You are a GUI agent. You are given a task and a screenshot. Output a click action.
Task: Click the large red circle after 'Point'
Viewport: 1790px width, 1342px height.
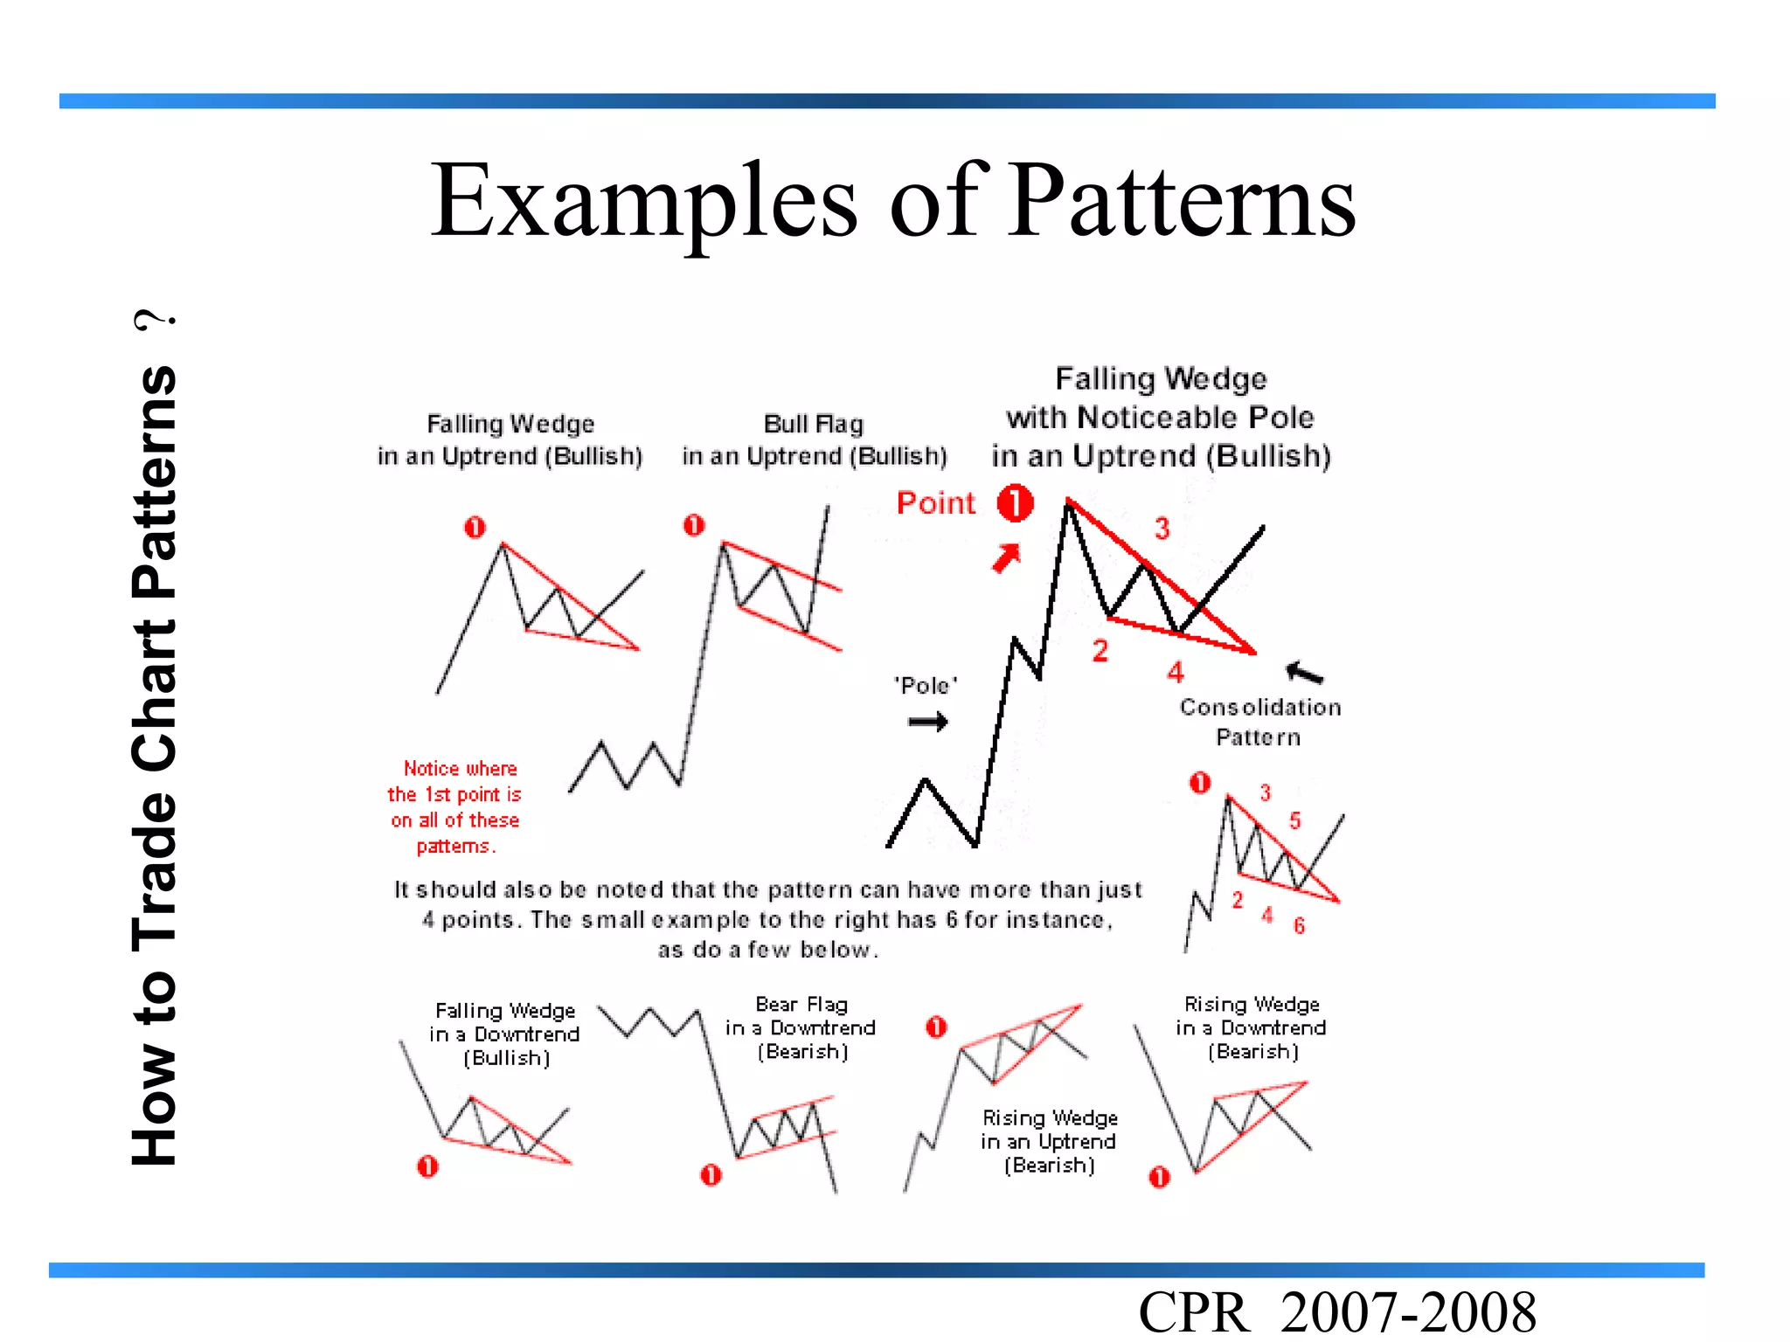1016,503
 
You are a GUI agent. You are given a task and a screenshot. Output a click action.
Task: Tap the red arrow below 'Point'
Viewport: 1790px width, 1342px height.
1006,558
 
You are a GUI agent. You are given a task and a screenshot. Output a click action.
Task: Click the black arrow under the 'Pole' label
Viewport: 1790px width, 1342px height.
927,722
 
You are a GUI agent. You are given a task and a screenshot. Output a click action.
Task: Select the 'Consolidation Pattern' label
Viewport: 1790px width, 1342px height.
1259,722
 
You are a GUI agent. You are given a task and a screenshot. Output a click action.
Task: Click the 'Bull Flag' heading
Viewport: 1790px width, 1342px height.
814,425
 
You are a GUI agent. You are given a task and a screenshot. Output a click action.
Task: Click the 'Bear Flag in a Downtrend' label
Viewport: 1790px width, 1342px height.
801,1027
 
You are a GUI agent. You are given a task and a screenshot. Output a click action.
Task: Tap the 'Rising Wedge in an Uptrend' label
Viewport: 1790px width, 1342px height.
1049,1141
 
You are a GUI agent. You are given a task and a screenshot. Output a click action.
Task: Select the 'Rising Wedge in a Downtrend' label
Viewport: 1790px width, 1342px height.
1251,1027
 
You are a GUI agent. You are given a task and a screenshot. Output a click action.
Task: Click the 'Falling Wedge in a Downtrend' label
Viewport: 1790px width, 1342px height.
505,1034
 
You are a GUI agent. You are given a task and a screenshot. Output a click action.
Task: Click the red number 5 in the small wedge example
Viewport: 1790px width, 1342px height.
1295,820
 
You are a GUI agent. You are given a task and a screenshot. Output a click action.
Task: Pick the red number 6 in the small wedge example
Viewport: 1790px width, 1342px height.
1300,925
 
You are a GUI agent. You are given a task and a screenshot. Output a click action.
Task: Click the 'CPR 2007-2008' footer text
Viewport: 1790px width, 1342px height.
1336,1311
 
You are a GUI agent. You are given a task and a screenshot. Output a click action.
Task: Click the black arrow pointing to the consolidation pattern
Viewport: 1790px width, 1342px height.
1304,672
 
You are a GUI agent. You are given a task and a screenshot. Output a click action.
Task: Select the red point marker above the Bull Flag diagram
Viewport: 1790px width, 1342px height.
694,525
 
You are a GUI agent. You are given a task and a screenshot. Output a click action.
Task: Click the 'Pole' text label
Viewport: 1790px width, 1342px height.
926,686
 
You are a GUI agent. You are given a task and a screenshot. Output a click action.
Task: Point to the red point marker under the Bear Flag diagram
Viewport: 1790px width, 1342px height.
711,1175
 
